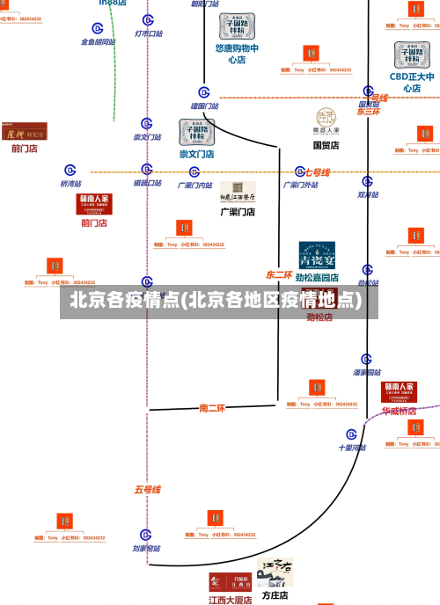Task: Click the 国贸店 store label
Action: (326, 145)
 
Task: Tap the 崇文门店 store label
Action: (197, 154)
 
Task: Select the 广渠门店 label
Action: (238, 212)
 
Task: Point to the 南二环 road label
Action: (212, 408)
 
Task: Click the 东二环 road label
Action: (279, 275)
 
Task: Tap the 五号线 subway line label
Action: (147, 489)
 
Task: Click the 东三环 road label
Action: (368, 112)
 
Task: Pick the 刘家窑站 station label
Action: (146, 548)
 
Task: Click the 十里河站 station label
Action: (352, 447)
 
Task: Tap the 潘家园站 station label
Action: (366, 372)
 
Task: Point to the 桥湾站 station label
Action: (70, 184)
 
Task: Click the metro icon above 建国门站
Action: (204, 92)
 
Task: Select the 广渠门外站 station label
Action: (301, 185)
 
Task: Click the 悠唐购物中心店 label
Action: (237, 55)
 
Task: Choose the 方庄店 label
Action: (275, 595)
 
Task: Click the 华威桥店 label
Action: (399, 411)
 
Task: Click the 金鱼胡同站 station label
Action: (98, 41)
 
